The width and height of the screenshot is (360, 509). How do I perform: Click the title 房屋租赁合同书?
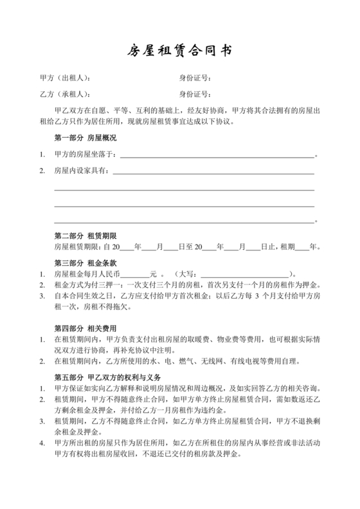click(179, 50)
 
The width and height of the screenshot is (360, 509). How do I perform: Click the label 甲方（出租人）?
click(65, 79)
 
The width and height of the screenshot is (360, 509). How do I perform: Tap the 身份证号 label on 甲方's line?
click(195, 79)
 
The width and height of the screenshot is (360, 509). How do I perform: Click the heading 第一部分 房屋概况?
click(85, 138)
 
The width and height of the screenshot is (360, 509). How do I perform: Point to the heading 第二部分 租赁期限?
click(85, 236)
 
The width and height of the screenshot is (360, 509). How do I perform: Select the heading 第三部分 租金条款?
click(85, 263)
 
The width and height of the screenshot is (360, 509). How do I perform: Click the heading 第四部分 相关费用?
click(85, 328)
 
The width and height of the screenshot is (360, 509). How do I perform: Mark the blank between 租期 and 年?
click(302, 246)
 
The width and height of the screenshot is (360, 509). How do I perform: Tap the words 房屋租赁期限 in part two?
click(75, 246)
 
